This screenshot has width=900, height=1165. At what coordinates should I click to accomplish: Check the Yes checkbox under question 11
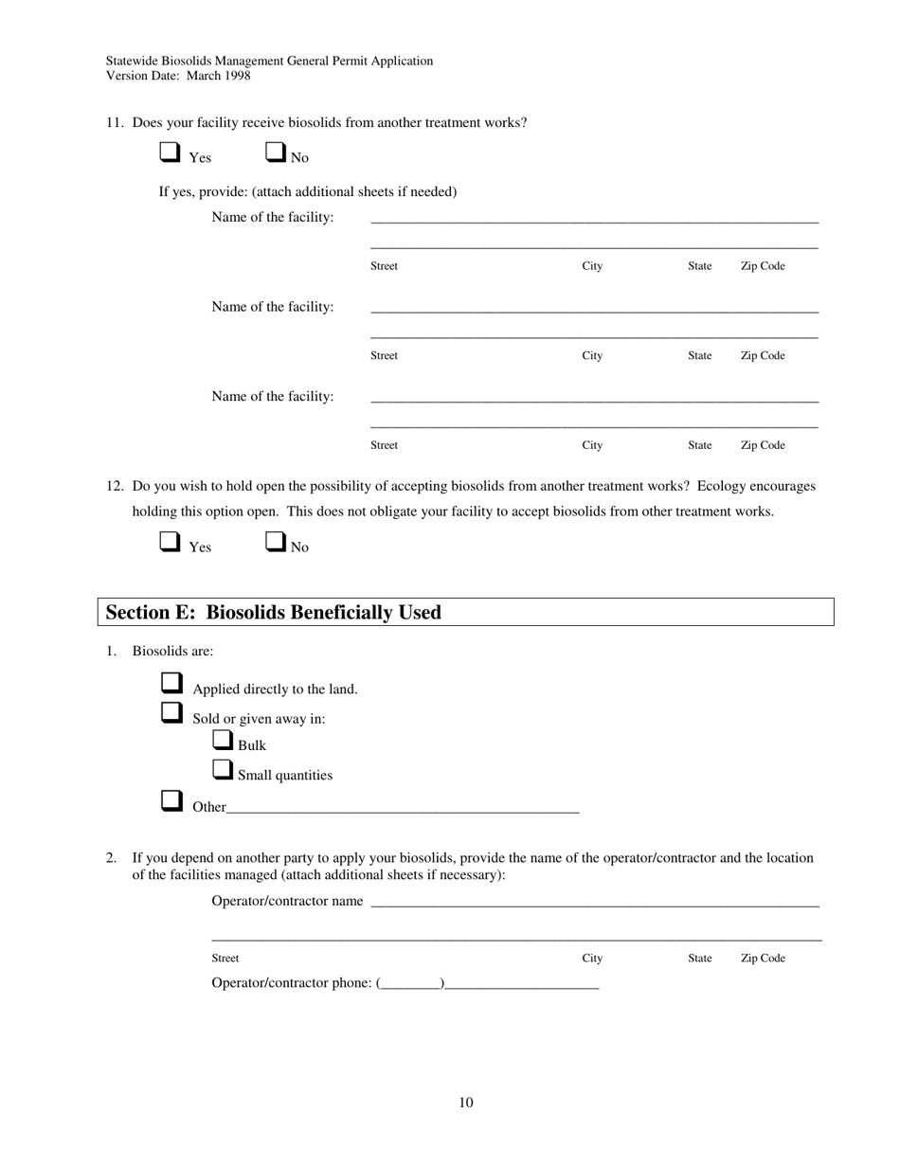170,152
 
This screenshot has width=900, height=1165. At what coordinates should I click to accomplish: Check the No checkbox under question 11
276,152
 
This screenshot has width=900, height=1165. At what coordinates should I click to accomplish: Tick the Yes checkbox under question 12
170,542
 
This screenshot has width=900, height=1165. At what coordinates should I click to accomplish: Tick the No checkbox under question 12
276,542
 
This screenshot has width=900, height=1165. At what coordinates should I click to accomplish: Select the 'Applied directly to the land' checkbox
171,684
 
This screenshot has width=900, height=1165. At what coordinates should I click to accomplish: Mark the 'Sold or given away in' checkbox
171,713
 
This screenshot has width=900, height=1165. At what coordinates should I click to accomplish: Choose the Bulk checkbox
223,741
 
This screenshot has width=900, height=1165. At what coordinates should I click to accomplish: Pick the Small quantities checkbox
223,770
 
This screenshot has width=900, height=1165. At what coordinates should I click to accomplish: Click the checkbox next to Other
171,801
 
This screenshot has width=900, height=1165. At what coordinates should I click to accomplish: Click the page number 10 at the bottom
465,1102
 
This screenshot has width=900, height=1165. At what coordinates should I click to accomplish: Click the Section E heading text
273,613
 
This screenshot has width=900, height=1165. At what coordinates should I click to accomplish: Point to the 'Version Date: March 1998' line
178,76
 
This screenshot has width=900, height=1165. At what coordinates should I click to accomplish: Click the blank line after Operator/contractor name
594,902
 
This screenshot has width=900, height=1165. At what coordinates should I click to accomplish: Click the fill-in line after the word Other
403,808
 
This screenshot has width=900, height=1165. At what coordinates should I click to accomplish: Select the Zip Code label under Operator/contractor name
762,959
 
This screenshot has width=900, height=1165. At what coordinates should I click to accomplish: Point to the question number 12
115,486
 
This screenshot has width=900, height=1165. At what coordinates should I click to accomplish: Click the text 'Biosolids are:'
172,652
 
